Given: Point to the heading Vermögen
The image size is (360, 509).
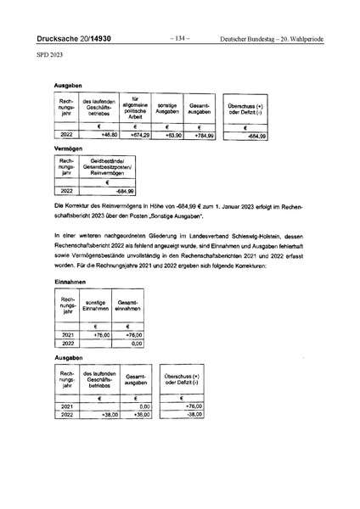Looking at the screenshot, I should (x=68, y=148).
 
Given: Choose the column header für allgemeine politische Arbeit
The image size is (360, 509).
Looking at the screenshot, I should (x=136, y=108).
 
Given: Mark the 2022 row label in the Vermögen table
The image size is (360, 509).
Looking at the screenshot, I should (x=69, y=192).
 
